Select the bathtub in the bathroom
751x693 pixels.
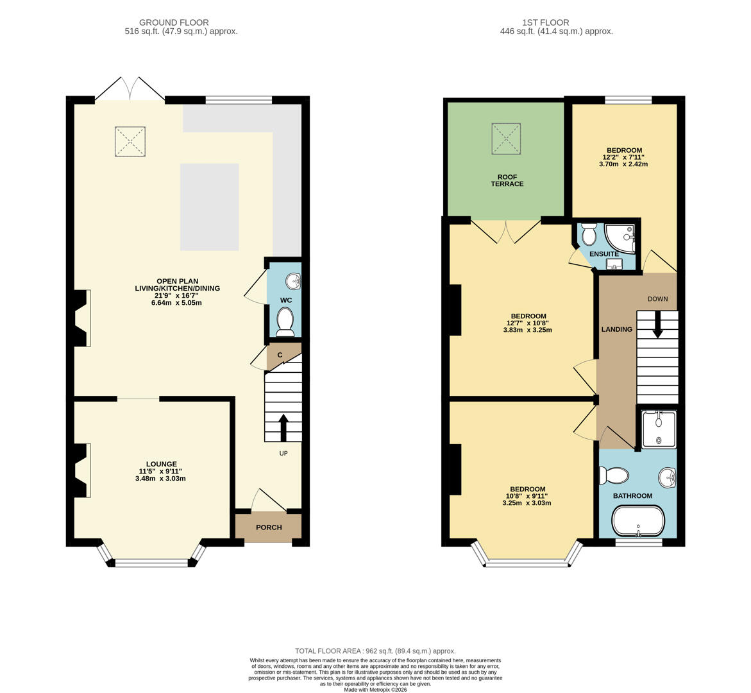637,521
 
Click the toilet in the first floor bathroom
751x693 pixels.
614,475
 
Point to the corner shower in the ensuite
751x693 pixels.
621,237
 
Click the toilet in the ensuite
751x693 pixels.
589,234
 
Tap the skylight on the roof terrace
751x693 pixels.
506,139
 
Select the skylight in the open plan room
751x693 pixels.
130,142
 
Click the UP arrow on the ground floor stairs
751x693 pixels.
283,427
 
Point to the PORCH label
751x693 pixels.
269,527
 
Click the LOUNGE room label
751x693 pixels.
161,464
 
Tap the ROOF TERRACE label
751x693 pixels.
507,180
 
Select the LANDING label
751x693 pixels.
616,329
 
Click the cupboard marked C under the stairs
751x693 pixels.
280,355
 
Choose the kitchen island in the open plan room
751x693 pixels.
210,207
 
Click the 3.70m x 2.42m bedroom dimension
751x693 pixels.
623,164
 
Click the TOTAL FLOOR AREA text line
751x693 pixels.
375,651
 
